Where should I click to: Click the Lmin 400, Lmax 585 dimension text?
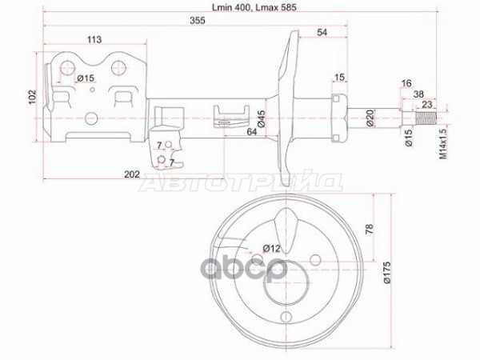coord(254,7)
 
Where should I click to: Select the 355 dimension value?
coord(197,21)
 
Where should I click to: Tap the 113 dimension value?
coord(94,39)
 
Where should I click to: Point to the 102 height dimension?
coord(33,97)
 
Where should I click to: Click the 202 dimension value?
coord(132,174)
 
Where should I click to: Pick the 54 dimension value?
coord(322,32)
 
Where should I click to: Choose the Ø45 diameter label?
coord(261,118)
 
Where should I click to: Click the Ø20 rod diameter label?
coord(370,118)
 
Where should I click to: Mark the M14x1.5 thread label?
coord(443,143)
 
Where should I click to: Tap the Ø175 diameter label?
coord(387,273)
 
